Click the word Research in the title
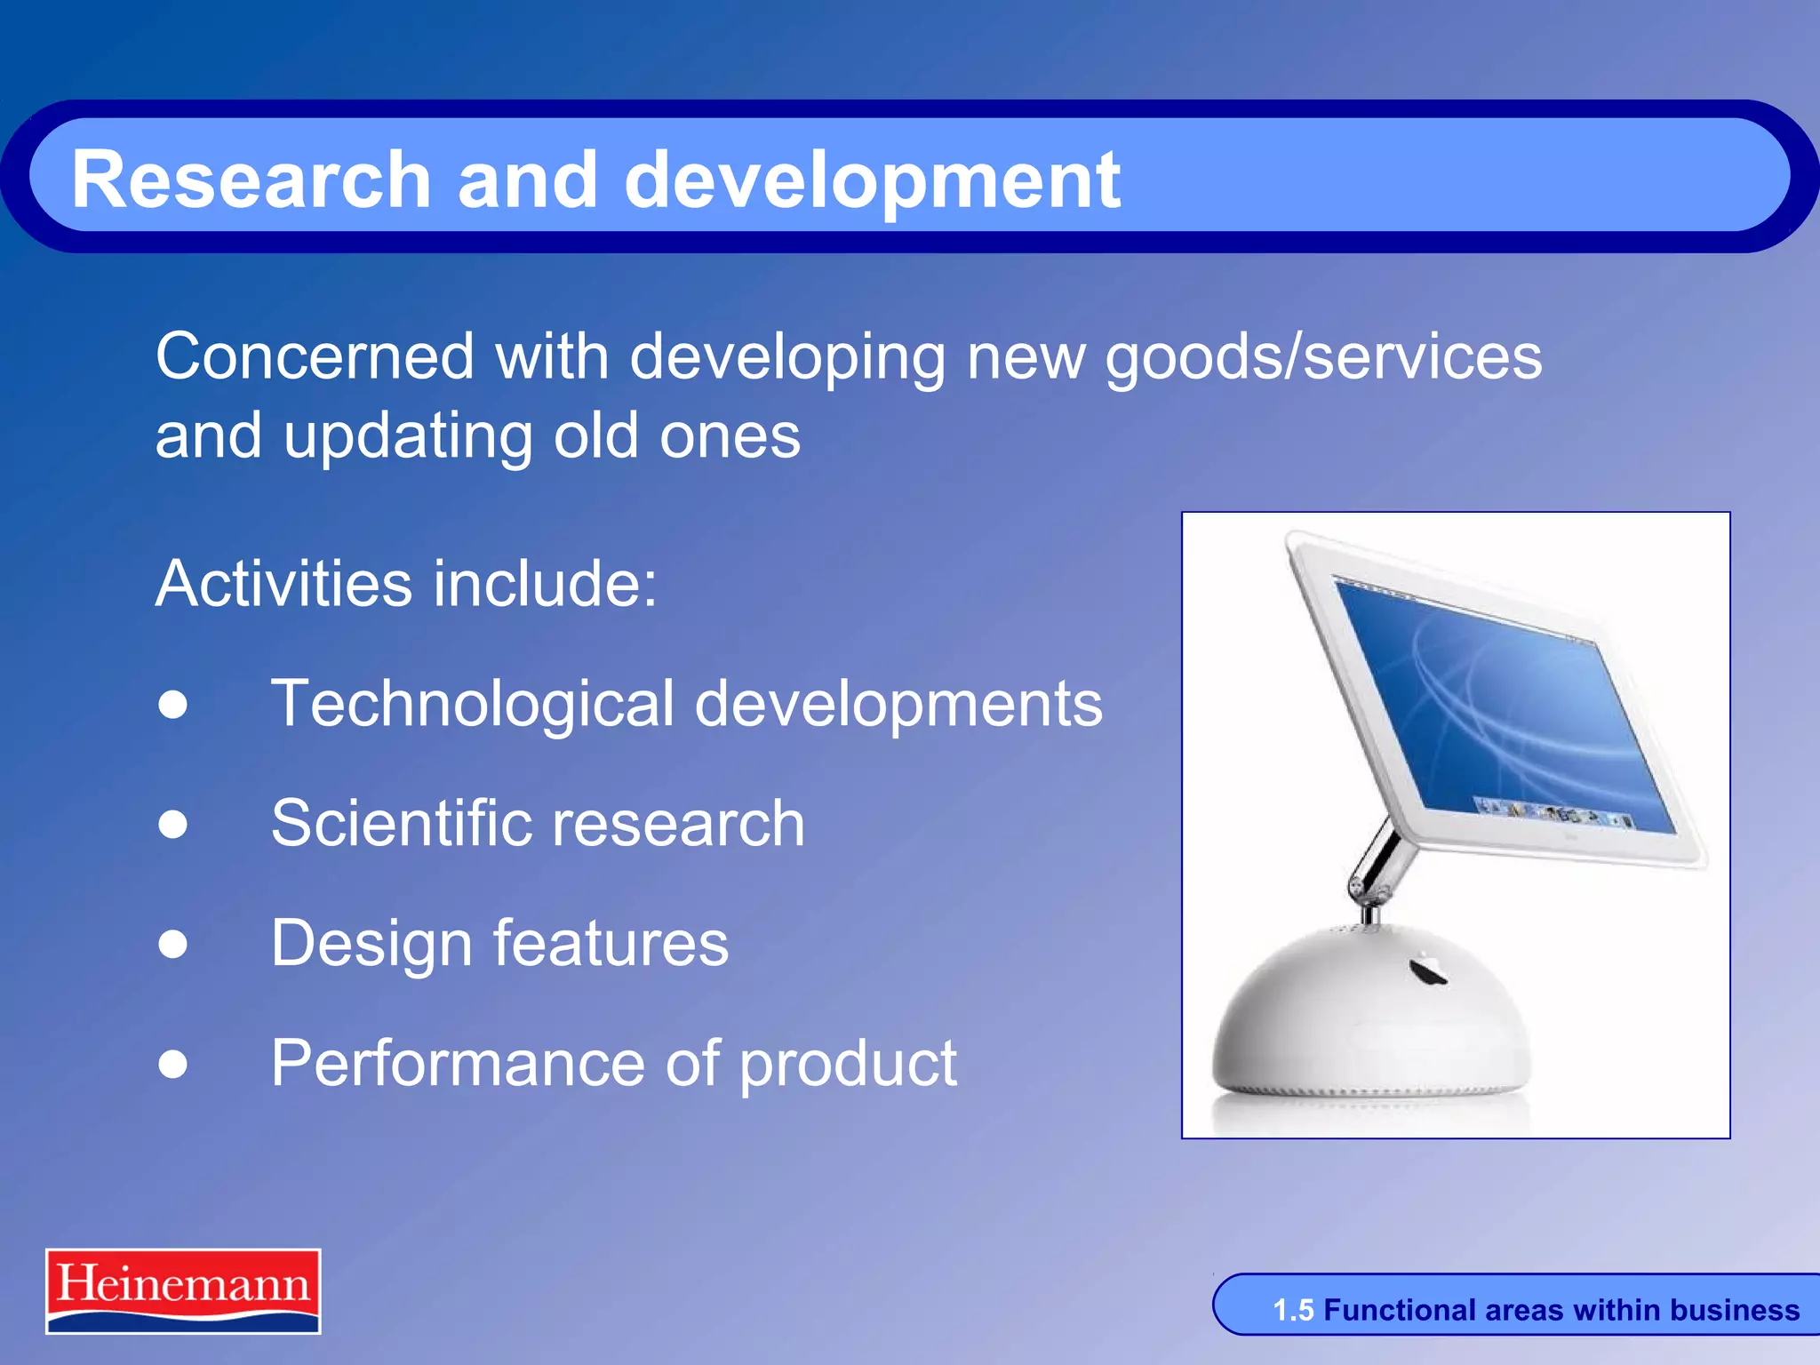251,180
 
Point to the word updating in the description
409,437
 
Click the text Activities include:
406,584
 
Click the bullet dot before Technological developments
173,705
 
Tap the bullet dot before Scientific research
173,824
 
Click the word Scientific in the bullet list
401,824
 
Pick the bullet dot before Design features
173,944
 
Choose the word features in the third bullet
610,944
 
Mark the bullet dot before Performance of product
173,1064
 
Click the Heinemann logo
183,1290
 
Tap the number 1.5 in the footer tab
1292,1310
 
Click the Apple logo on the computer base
1428,970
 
